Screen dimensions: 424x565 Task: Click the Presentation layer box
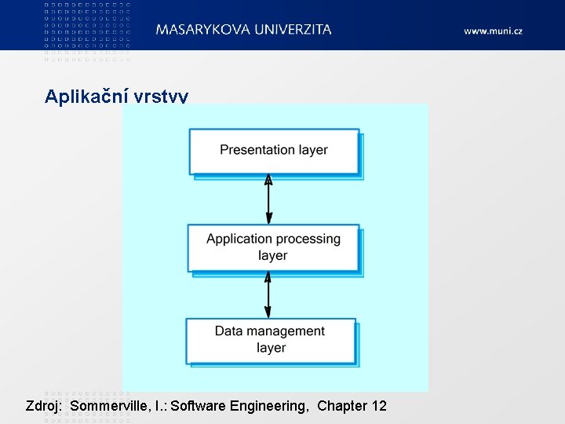coord(274,151)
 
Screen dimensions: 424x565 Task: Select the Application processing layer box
coord(273,247)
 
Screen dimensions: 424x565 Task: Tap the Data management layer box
coord(271,340)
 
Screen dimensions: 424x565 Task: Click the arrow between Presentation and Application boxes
coord(268,200)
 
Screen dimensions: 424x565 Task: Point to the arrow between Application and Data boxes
coord(268,294)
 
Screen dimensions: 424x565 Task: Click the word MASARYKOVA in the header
coord(203,30)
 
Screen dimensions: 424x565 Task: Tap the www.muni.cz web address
coord(493,31)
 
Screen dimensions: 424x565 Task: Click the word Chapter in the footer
coord(342,406)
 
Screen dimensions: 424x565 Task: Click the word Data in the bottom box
coord(228,331)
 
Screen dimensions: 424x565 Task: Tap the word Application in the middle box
coord(239,239)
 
